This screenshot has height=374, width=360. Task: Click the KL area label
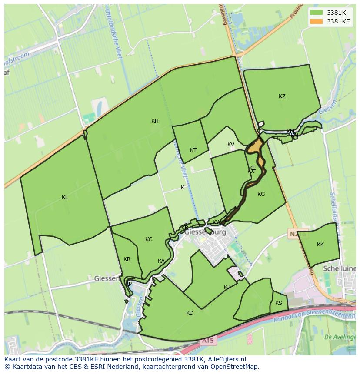point(65,197)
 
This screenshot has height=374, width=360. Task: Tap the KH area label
point(155,121)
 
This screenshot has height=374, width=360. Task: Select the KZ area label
point(282,96)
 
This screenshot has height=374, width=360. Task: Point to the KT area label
point(193,150)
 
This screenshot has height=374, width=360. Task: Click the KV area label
point(230,145)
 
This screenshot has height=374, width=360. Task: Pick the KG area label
point(261,194)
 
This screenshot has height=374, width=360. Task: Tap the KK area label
point(320,245)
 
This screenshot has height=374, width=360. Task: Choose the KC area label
point(149,239)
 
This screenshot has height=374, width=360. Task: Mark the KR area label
point(127,259)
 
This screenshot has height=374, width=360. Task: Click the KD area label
point(190,313)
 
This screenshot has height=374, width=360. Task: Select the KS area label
point(279,303)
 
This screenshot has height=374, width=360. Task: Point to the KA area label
point(161,261)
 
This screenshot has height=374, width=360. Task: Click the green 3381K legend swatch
point(317,13)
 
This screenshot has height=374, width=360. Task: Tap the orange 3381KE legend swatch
point(317,21)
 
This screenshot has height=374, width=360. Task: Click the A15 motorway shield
point(207,341)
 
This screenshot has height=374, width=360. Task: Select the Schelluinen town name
point(340,269)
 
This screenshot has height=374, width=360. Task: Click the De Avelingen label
point(340,337)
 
